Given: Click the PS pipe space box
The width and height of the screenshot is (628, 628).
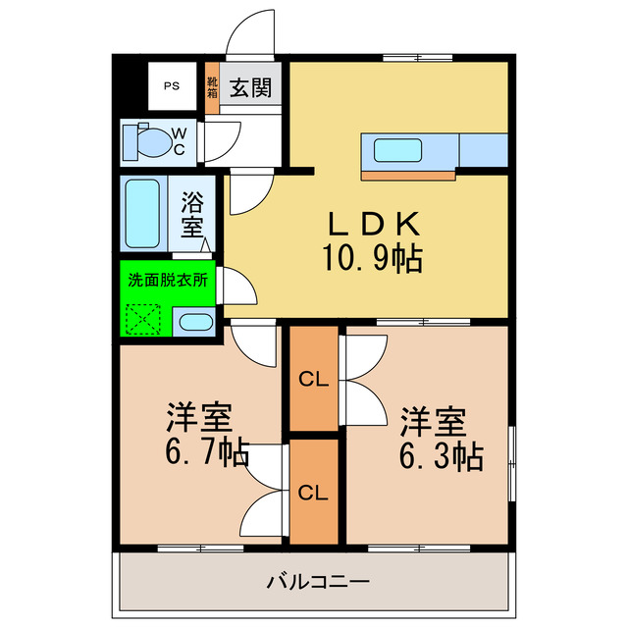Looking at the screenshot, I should click(x=172, y=86).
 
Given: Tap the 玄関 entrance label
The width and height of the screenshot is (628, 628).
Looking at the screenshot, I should click(x=252, y=88).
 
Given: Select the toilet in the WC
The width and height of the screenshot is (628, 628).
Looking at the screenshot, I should click(x=146, y=142).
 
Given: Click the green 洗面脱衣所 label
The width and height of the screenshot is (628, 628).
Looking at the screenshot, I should click(x=169, y=279).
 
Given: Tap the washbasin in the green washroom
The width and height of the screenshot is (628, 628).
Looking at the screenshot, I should click(x=196, y=322).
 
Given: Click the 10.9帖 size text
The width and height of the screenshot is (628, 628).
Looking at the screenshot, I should click(x=371, y=259).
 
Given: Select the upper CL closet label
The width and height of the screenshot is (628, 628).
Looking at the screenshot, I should click(x=313, y=379).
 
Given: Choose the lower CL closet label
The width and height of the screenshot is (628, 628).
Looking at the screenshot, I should click(x=313, y=491).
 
